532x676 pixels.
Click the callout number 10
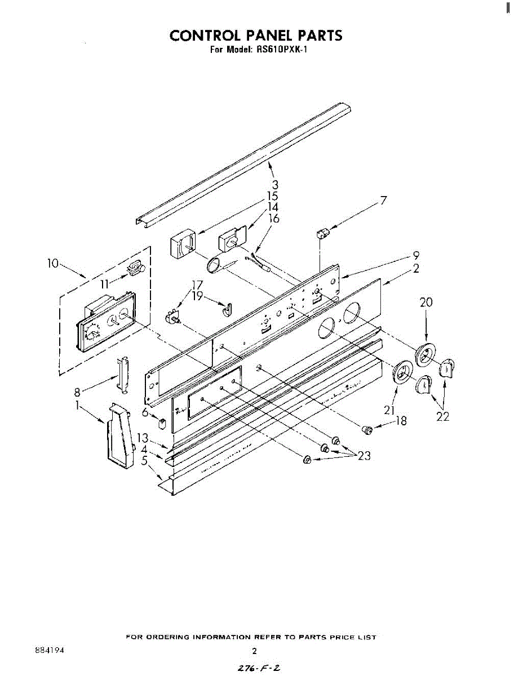(52, 263)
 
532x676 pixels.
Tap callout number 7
(384, 200)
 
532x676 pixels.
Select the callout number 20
(426, 303)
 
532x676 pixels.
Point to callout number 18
(401, 420)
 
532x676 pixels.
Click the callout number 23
(364, 456)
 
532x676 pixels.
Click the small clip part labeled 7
(323, 233)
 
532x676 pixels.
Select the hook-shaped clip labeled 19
(227, 308)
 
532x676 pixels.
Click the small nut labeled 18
(367, 430)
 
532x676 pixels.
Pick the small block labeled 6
(162, 423)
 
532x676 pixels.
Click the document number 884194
(49, 650)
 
